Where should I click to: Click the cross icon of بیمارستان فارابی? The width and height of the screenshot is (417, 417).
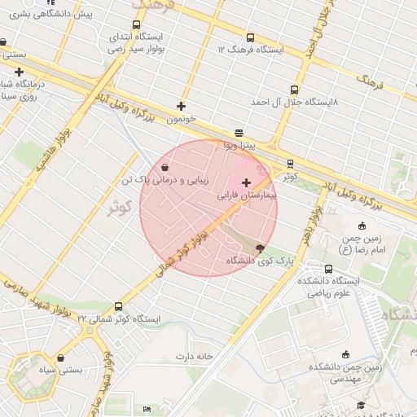click(x=246, y=182)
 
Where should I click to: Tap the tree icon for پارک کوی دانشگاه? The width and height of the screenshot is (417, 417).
click(x=260, y=248)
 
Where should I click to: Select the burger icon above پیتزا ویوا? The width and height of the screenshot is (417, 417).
click(x=239, y=132)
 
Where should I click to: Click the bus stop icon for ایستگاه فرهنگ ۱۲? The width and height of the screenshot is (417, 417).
click(x=249, y=37)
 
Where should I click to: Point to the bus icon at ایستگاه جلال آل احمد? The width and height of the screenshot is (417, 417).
click(x=293, y=90)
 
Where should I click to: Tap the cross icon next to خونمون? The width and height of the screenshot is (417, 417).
click(x=181, y=106)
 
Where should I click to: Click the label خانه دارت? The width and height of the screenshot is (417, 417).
click(x=193, y=357)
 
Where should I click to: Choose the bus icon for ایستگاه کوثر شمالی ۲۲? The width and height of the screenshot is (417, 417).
click(x=119, y=306)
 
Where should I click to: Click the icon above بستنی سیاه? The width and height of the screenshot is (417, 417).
click(x=61, y=357)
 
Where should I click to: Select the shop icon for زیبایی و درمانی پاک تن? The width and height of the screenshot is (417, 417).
click(x=165, y=167)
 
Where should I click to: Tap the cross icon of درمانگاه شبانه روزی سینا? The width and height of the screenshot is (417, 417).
click(x=19, y=72)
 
